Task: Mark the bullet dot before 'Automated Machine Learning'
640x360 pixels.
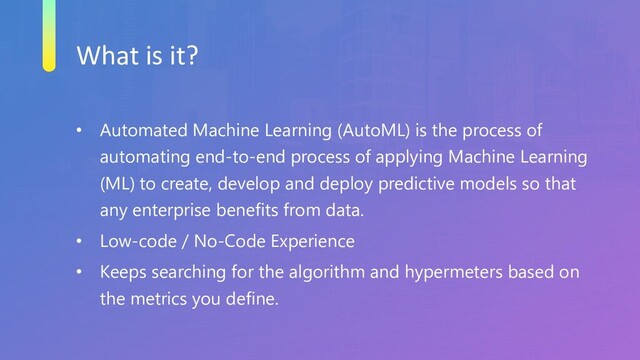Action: click(x=73, y=132)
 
